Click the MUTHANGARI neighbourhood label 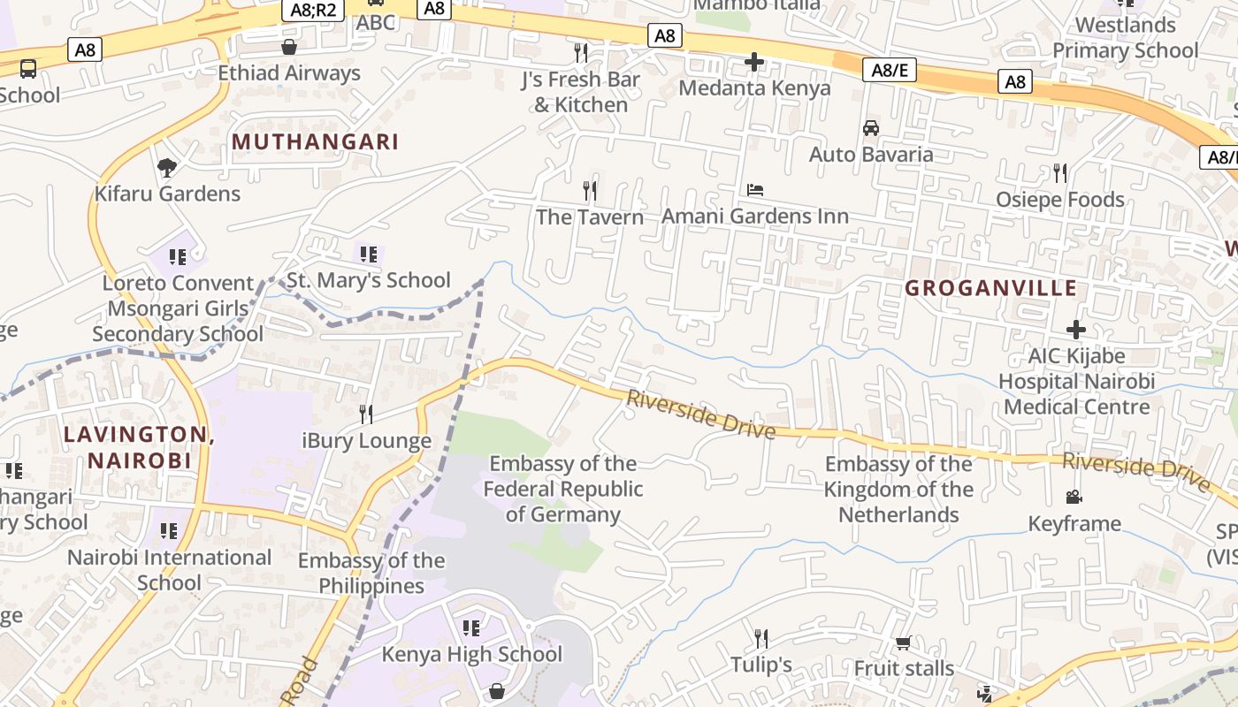pos(315,141)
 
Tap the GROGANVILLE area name pos(991,288)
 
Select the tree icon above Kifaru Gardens pos(166,168)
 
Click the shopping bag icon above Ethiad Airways pos(289,47)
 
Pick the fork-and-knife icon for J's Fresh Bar pos(581,53)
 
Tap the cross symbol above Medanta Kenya pos(754,62)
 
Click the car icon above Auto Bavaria pos(871,128)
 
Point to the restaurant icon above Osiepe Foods pos(1060,173)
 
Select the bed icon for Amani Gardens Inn pos(755,190)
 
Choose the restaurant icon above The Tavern pos(590,191)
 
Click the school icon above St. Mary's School pos(369,255)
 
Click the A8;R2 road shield pos(313,11)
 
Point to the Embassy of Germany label pos(562,489)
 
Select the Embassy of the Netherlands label pos(898,489)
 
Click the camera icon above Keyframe pos(1074,498)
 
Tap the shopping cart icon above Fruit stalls pos(903,642)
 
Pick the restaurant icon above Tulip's pos(760,638)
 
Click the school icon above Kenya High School pos(471,628)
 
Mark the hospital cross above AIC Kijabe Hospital pos(1076,331)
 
